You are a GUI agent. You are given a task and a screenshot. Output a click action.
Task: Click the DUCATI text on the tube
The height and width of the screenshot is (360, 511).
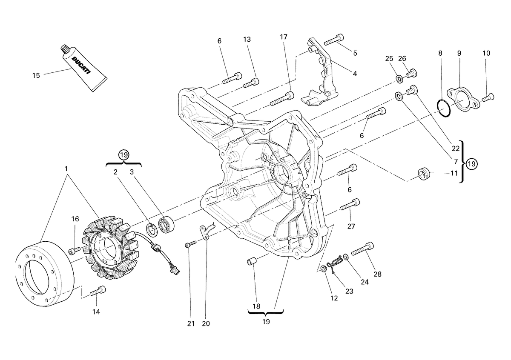click(x=81, y=66)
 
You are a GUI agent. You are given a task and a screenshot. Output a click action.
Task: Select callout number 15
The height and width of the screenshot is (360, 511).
click(x=36, y=75)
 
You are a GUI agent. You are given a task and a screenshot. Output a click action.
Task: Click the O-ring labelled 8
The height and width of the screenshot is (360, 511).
click(x=444, y=108)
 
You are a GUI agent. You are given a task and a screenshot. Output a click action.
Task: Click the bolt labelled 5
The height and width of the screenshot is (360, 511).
click(x=334, y=39)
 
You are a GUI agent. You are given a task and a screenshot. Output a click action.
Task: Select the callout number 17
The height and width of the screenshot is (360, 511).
click(x=284, y=37)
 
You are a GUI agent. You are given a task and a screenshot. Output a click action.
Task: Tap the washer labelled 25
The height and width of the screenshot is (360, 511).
click(x=399, y=79)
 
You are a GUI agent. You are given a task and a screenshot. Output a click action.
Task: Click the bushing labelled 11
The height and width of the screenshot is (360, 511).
click(x=424, y=174)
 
